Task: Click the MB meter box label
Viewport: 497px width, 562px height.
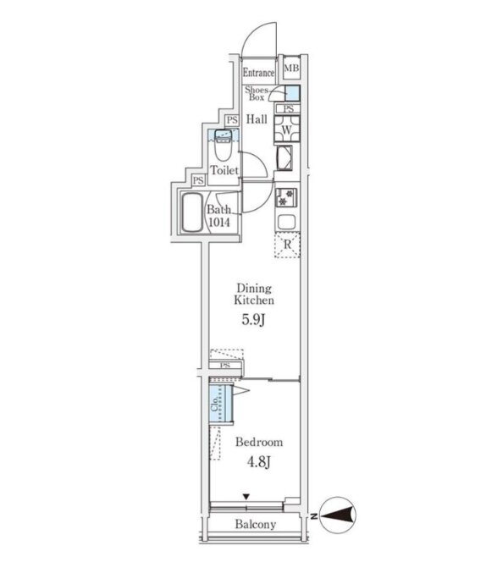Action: pyautogui.click(x=291, y=68)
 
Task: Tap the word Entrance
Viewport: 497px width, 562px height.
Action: pyautogui.click(x=258, y=73)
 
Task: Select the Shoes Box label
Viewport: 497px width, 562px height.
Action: pyautogui.click(x=257, y=93)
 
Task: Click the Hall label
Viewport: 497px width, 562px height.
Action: pyautogui.click(x=257, y=119)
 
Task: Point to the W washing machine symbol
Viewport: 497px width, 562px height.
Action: pyautogui.click(x=286, y=129)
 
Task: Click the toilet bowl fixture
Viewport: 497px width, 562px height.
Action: pyautogui.click(x=224, y=145)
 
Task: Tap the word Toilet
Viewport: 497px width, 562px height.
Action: pyautogui.click(x=224, y=170)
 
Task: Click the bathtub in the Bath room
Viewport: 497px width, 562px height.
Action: pyautogui.click(x=192, y=212)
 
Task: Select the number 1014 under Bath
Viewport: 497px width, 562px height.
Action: pyautogui.click(x=219, y=223)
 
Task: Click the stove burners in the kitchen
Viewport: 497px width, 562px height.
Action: pyautogui.click(x=286, y=197)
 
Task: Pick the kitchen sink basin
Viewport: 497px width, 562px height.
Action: pyautogui.click(x=286, y=222)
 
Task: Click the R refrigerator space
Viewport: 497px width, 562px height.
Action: pyautogui.click(x=287, y=245)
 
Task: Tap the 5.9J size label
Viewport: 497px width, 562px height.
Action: pyautogui.click(x=253, y=320)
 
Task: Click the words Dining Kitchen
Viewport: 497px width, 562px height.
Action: pyautogui.click(x=254, y=295)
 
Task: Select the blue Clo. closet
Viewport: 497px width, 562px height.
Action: pyautogui.click(x=221, y=404)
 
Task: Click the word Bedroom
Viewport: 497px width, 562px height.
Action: pyautogui.click(x=259, y=442)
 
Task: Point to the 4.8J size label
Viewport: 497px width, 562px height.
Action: pyautogui.click(x=258, y=462)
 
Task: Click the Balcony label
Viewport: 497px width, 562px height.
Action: pyautogui.click(x=256, y=525)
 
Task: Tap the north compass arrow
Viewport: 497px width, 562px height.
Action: pyautogui.click(x=337, y=516)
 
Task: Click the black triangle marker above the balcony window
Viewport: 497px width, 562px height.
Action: pyautogui.click(x=246, y=497)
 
